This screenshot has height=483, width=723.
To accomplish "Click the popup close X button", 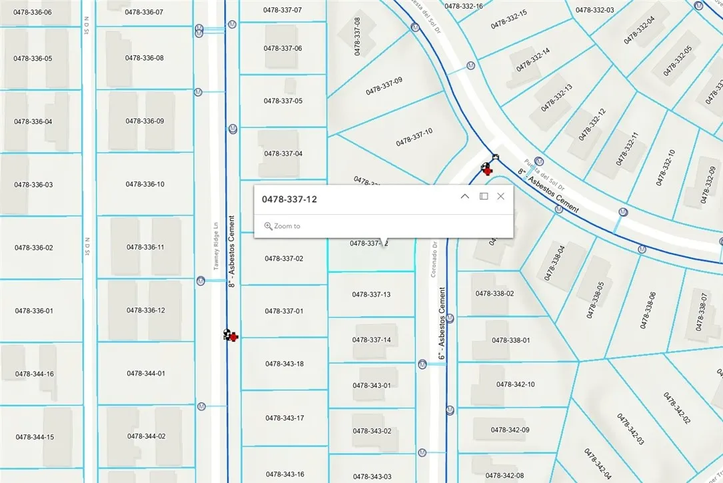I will pos(500,196).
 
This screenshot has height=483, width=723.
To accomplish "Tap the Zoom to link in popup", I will pos(283,226).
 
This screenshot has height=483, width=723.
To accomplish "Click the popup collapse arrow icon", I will pos(465,196).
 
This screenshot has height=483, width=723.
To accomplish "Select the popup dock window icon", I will pos(484,196).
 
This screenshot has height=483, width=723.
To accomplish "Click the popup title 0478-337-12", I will pos(289,199).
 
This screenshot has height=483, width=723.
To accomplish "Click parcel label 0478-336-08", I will pos(145,58).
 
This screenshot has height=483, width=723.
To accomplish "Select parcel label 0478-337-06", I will pos(283,48).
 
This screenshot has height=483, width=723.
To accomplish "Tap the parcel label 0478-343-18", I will pos(285,364).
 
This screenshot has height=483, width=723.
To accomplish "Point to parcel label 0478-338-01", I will pos(511,340).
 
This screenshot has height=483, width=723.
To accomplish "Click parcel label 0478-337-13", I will pos(371,294).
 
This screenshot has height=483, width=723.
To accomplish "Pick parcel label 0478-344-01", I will pos(145,374).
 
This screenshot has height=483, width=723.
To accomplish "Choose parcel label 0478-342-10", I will pos(515,384).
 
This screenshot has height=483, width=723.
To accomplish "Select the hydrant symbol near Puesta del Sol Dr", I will pos(486,169).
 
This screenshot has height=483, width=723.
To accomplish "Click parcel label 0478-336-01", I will pos(33,311).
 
